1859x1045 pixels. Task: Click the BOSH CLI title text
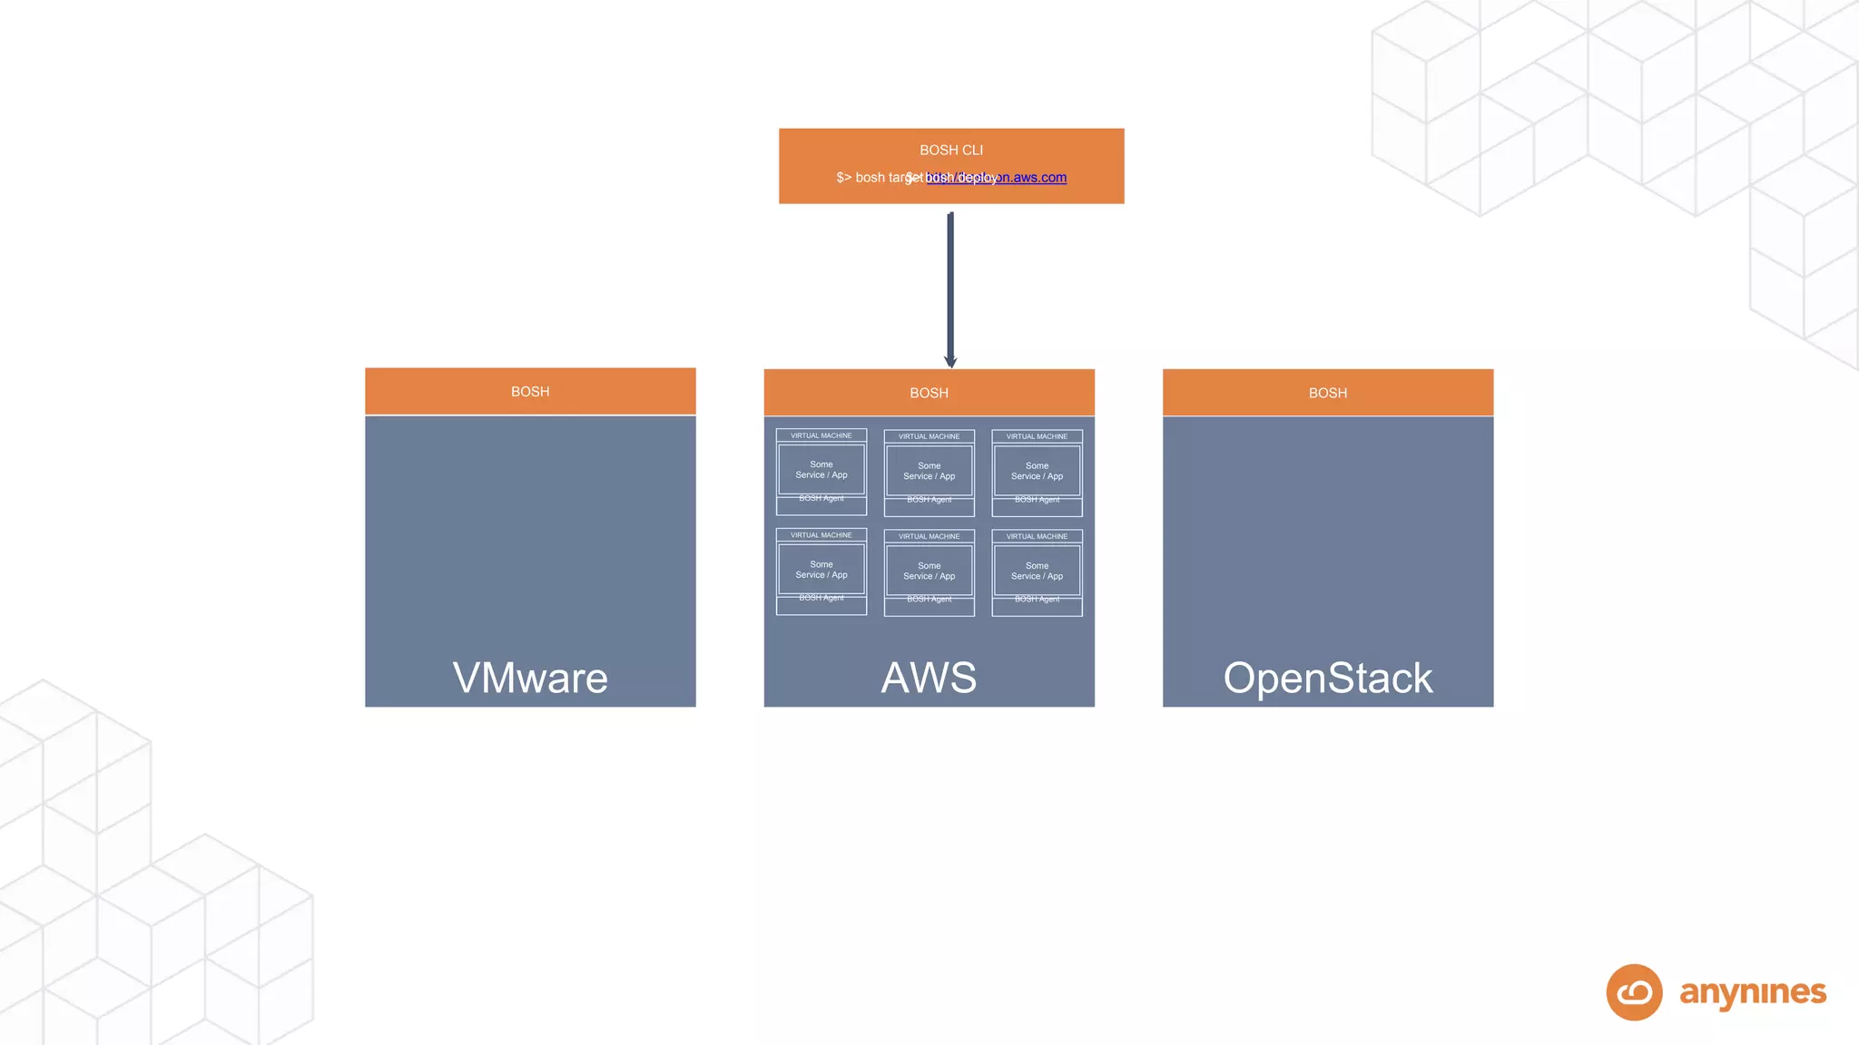950,150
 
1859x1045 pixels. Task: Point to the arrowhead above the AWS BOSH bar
950,361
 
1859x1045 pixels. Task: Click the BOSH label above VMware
530,392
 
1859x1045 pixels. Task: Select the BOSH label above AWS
929,393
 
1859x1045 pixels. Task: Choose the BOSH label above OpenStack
1327,393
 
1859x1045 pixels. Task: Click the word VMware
530,679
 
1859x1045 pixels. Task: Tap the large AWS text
929,679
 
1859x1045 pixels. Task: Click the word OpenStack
1327,679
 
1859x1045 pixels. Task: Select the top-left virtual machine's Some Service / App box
821,470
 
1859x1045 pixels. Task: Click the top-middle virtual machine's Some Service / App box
929,471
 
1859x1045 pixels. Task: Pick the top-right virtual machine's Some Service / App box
1037,471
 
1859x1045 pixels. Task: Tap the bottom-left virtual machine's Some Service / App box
821,570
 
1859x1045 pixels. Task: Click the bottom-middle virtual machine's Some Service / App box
929,571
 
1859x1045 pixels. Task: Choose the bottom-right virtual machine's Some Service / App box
1037,571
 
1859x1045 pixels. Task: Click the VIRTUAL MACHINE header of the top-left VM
821,435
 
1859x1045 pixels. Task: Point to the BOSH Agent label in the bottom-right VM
1037,600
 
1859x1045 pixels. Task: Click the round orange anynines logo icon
1634,992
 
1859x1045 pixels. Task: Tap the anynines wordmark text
1753,992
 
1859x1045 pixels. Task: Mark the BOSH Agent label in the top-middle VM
929,500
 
